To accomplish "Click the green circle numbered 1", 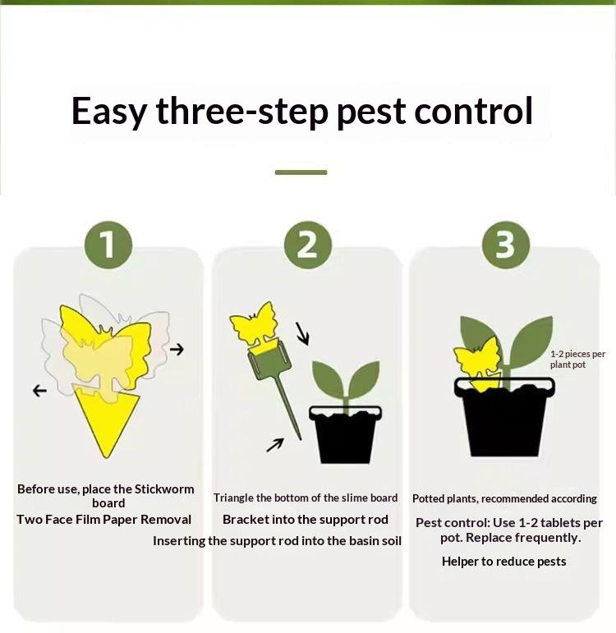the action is pyautogui.click(x=108, y=245).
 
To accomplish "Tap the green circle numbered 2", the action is pyautogui.click(x=307, y=245).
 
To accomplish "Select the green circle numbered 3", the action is pyautogui.click(x=506, y=245).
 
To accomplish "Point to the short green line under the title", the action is pyautogui.click(x=301, y=172).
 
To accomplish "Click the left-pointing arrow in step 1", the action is pyautogui.click(x=39, y=390).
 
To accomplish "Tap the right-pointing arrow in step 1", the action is pyautogui.click(x=177, y=349).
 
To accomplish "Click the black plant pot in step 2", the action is pyautogui.click(x=345, y=435).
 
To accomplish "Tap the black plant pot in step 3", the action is pyautogui.click(x=505, y=417).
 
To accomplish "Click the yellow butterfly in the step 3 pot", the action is pyautogui.click(x=478, y=361).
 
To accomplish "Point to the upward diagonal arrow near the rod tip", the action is pyautogui.click(x=275, y=445).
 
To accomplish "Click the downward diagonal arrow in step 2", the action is pyautogui.click(x=302, y=334).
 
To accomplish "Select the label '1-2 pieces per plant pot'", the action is pyautogui.click(x=577, y=360).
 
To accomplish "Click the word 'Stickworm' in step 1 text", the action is pyautogui.click(x=164, y=489).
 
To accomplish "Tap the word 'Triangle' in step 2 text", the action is pyautogui.click(x=233, y=498).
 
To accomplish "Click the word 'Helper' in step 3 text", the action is pyautogui.click(x=460, y=562).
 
